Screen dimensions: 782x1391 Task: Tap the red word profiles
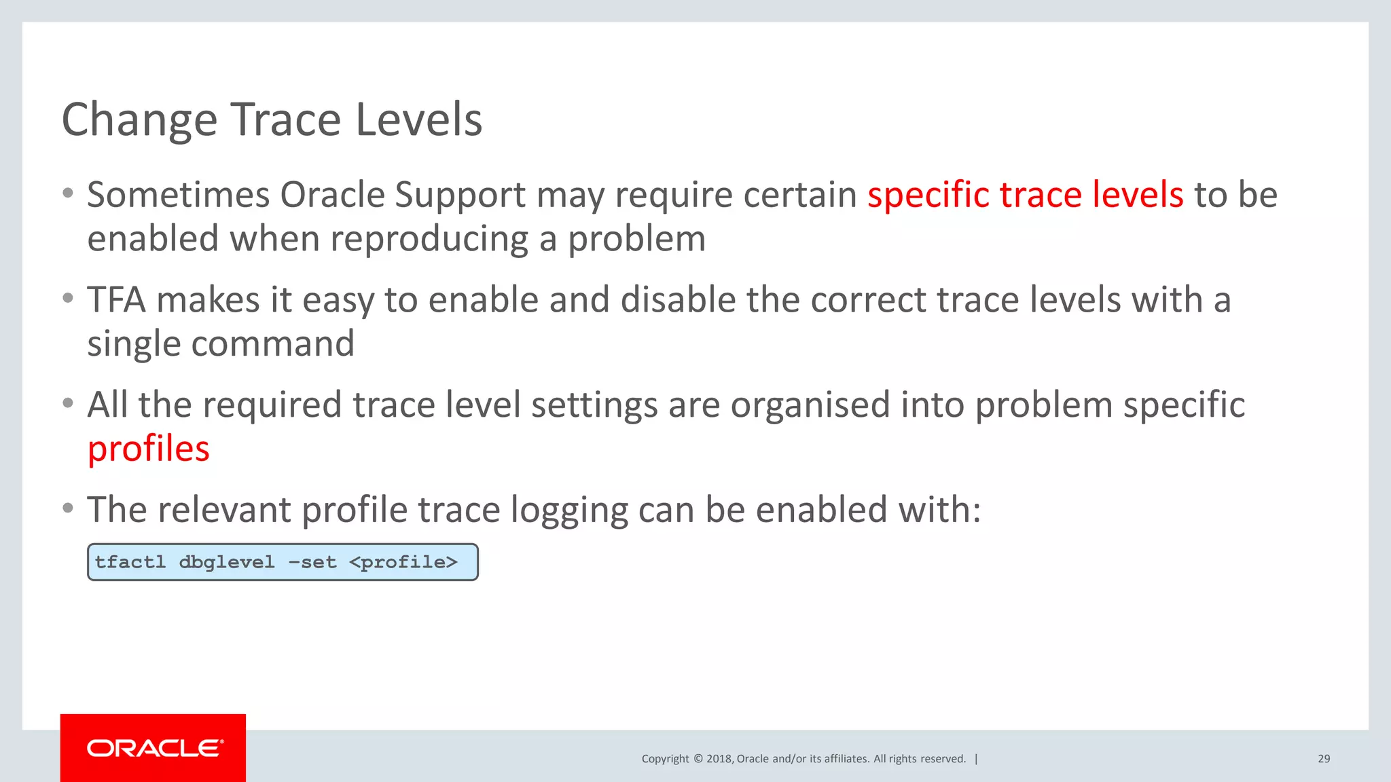click(149, 449)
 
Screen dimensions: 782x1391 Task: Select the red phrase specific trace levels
click(1025, 195)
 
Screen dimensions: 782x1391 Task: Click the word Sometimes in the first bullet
click(178, 195)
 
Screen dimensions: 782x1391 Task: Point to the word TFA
click(116, 300)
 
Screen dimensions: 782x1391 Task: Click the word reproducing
click(429, 239)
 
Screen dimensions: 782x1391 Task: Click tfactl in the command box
click(130, 562)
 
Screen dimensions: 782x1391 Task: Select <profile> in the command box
click(403, 562)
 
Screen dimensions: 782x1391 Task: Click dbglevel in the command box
click(226, 562)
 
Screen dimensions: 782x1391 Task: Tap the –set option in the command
click(312, 562)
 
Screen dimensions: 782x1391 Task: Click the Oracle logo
click(153, 748)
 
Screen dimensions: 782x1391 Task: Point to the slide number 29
click(1323, 759)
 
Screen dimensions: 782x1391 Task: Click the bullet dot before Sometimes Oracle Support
click(68, 193)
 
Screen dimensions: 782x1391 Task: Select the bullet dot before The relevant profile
click(68, 508)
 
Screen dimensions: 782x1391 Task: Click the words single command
click(221, 343)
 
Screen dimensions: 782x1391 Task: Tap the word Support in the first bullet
click(460, 195)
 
